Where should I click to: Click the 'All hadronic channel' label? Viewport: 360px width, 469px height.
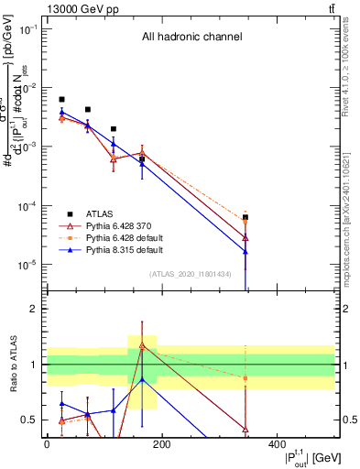[x=191, y=38]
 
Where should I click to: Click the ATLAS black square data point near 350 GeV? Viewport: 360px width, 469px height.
[x=245, y=217]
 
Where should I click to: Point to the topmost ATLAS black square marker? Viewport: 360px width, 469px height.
[x=61, y=99]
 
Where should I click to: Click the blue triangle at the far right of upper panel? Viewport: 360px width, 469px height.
[x=245, y=251]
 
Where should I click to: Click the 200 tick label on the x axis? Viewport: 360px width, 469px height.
[x=161, y=444]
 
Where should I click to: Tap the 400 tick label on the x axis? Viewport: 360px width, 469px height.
[x=277, y=444]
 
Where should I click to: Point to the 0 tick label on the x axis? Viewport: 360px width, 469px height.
[x=47, y=444]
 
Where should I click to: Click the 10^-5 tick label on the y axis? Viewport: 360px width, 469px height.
[x=27, y=265]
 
